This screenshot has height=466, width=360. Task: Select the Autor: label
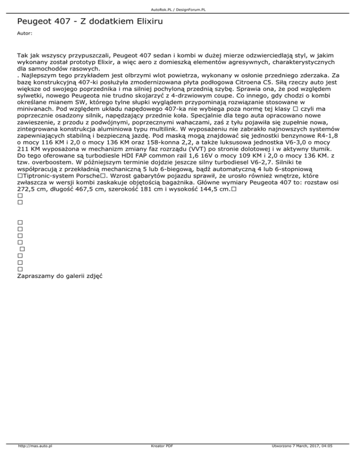tap(24, 34)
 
